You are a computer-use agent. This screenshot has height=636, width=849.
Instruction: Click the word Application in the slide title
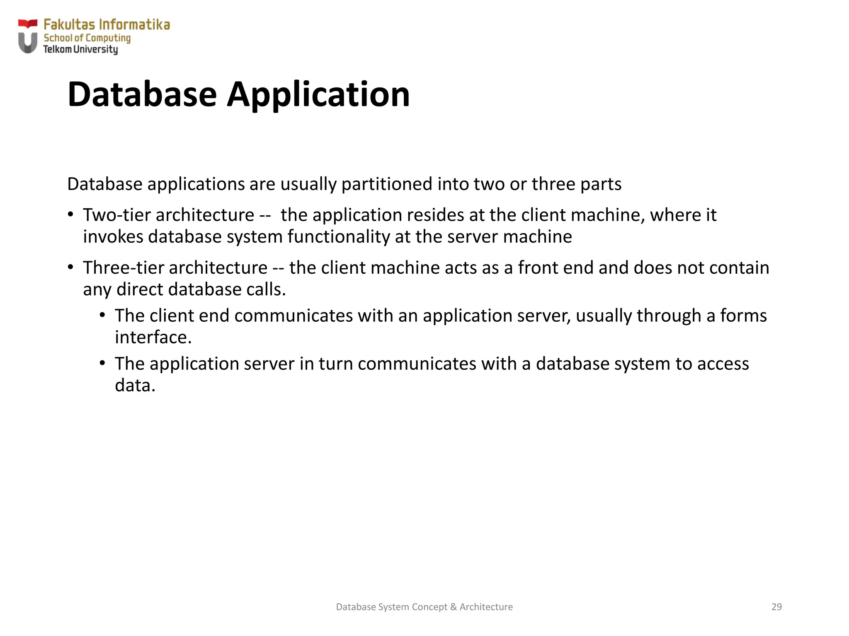click(x=318, y=95)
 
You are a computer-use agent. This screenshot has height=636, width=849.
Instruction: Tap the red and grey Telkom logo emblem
click(x=28, y=36)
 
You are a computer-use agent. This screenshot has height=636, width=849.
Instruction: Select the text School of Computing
click(x=87, y=38)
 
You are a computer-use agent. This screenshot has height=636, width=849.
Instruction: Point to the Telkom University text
click(x=80, y=50)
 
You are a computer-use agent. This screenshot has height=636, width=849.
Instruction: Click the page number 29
click(x=776, y=607)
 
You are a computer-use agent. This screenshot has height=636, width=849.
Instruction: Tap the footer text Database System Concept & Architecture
click(x=424, y=607)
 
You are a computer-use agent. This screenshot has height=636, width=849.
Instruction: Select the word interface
click(x=153, y=337)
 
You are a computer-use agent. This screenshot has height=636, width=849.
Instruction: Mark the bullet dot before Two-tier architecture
click(x=71, y=214)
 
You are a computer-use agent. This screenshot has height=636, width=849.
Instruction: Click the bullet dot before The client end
click(x=103, y=316)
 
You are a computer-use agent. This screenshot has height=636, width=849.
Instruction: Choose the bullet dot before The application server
click(x=103, y=364)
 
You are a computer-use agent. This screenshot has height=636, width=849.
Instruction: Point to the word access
click(x=723, y=364)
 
